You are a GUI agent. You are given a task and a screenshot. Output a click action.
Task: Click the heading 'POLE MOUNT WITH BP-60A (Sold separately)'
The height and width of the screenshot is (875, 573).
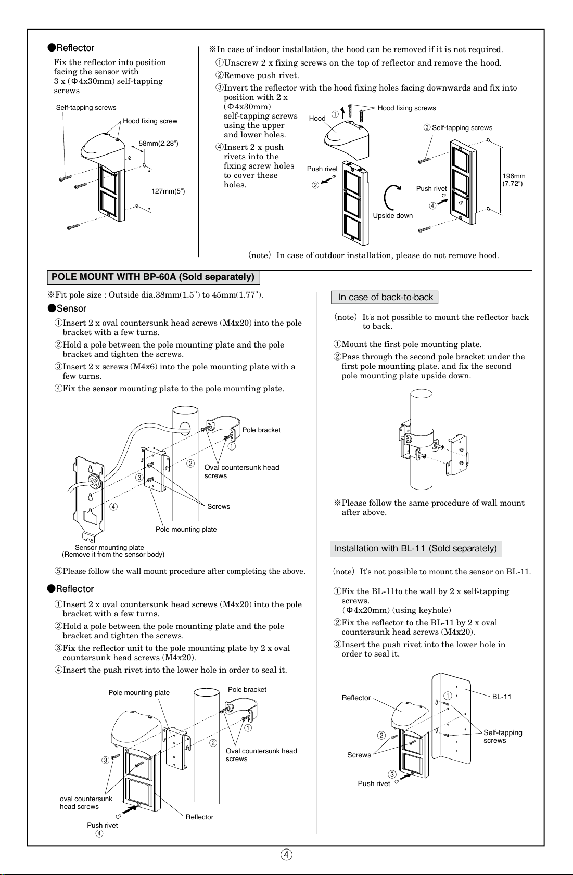tap(153, 277)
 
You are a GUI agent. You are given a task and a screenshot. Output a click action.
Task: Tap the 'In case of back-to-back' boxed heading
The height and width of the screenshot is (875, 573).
tap(386, 297)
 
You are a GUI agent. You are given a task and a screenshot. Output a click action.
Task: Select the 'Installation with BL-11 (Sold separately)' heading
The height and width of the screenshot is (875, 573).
tap(415, 548)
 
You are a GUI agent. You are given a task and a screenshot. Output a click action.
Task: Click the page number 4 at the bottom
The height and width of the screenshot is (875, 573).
tap(286, 854)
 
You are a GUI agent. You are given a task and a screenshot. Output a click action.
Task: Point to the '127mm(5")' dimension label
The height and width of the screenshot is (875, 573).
tap(168, 191)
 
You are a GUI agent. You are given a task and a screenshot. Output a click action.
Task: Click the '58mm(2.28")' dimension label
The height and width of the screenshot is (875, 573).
tap(158, 143)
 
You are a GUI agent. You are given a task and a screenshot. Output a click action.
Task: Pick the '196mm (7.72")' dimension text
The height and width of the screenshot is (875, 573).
tap(514, 180)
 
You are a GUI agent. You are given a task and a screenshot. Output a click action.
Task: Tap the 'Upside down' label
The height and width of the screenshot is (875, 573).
tap(392, 216)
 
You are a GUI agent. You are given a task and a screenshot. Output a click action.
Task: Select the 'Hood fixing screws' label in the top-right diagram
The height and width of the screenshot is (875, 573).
tap(406, 108)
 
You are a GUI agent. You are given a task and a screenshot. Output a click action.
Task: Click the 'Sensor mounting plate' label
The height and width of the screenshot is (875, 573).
tap(109, 547)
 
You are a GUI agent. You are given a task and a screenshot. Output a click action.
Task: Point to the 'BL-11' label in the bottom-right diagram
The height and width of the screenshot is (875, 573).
tap(502, 697)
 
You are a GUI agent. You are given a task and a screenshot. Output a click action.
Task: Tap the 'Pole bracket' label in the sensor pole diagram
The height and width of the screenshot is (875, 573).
tap(261, 430)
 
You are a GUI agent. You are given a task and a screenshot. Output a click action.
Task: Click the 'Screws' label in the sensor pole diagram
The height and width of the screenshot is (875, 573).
tap(218, 506)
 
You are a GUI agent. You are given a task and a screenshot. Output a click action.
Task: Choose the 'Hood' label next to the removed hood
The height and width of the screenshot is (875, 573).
tap(317, 118)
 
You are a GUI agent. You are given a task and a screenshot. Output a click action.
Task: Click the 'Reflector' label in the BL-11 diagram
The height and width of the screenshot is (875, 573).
tap(356, 698)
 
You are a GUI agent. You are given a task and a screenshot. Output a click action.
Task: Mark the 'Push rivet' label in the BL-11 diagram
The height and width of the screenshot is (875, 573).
tap(374, 783)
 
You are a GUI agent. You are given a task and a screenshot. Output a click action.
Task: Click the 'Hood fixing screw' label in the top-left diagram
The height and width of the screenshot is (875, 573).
tap(150, 121)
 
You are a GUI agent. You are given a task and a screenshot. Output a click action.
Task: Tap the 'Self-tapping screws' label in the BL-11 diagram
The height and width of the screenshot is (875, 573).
tap(502, 736)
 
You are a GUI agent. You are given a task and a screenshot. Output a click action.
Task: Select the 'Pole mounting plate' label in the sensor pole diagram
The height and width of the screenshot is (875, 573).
tap(186, 529)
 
